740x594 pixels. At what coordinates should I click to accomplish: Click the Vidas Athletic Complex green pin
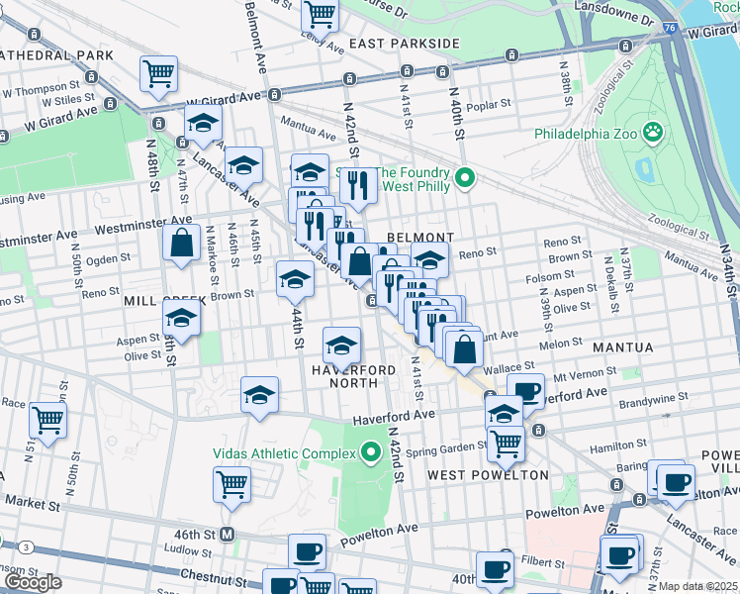click(x=371, y=453)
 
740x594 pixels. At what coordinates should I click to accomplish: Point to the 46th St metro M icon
click(x=227, y=535)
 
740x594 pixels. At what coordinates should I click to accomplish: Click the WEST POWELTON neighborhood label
click(x=488, y=475)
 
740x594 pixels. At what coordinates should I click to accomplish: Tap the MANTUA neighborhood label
click(x=622, y=347)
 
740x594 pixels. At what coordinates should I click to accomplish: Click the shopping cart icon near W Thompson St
click(x=158, y=73)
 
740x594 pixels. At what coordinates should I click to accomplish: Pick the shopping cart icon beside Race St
click(x=47, y=419)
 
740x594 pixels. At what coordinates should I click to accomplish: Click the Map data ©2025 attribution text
click(x=697, y=586)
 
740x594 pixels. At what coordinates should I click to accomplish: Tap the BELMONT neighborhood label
click(x=420, y=238)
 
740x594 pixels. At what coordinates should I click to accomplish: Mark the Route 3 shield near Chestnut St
click(x=25, y=545)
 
